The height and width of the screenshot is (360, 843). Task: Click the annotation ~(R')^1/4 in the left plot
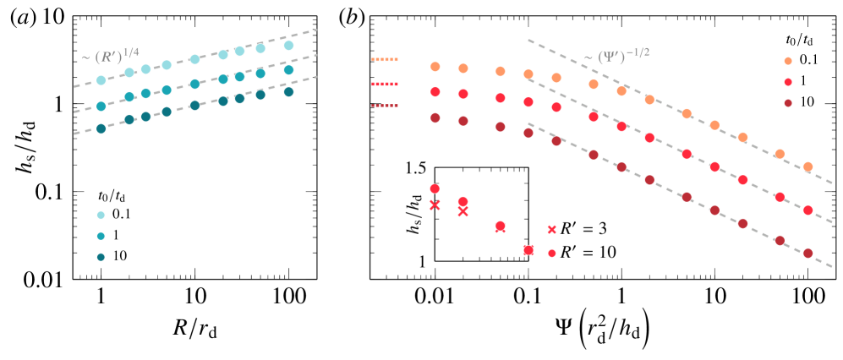(x=111, y=57)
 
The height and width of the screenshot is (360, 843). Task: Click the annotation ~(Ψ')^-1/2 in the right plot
(x=616, y=57)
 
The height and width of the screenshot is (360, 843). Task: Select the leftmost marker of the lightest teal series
(x=101, y=80)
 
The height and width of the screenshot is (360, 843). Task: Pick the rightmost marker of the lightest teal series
(x=288, y=46)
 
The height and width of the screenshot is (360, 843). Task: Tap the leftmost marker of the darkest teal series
(x=101, y=129)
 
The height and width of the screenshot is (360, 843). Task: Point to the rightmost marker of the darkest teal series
(x=288, y=92)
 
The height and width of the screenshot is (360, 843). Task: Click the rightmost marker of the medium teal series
(x=288, y=70)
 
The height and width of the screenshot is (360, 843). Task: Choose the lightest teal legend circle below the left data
(x=101, y=215)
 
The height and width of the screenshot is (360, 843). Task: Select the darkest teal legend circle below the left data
(x=101, y=257)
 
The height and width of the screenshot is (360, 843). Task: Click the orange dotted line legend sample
(x=385, y=60)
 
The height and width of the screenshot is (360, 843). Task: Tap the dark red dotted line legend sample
(x=385, y=106)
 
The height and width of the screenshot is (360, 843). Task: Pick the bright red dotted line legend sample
(x=385, y=84)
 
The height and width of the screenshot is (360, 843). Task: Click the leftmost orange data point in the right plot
(x=435, y=67)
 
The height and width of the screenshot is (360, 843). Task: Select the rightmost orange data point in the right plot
(x=807, y=166)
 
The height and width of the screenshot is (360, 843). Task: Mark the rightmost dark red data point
(x=807, y=253)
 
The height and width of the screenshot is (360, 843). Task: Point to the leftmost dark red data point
(x=435, y=118)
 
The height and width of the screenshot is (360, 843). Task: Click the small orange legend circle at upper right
(x=788, y=61)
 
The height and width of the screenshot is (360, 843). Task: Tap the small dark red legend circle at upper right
(x=788, y=103)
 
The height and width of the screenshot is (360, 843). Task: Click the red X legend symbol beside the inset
(x=552, y=230)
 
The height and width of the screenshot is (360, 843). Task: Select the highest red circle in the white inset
(x=435, y=188)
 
